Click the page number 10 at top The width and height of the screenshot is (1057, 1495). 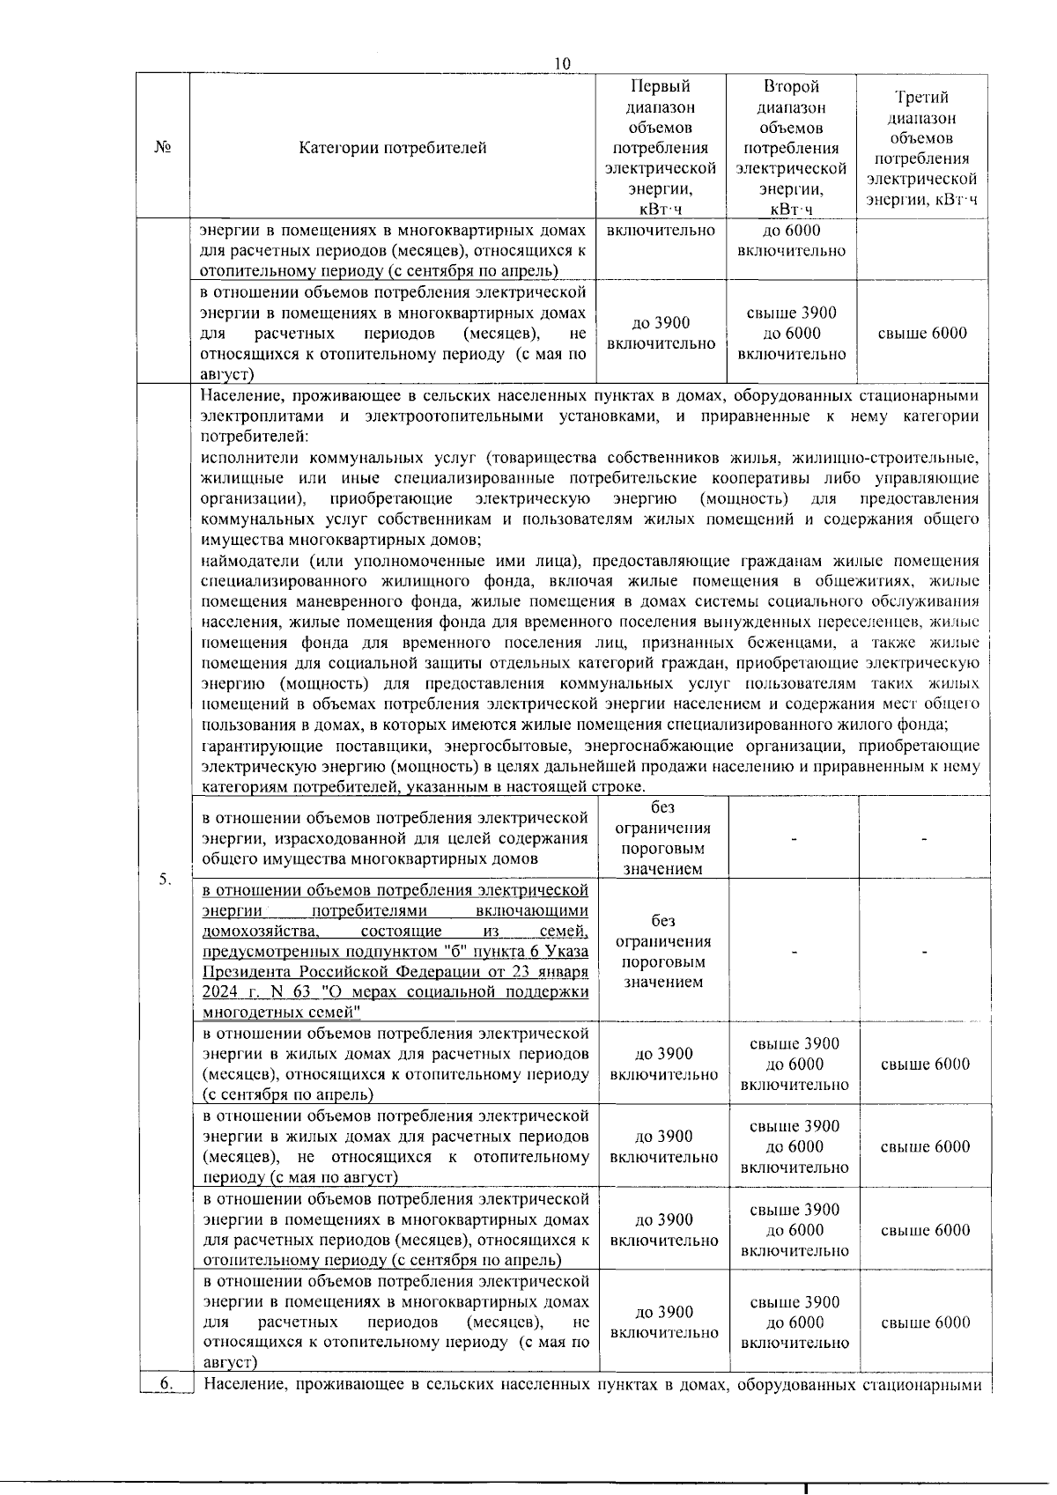coord(563,64)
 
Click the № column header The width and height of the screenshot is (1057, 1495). coord(162,147)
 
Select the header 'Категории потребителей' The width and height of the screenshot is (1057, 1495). coord(392,147)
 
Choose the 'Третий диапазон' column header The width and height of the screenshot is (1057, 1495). coord(921,148)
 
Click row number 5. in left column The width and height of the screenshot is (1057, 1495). coord(165,879)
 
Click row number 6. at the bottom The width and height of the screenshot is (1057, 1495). coord(166,1384)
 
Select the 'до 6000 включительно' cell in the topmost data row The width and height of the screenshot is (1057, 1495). coord(791,240)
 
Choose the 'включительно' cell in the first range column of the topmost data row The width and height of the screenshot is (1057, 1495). coord(661,231)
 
